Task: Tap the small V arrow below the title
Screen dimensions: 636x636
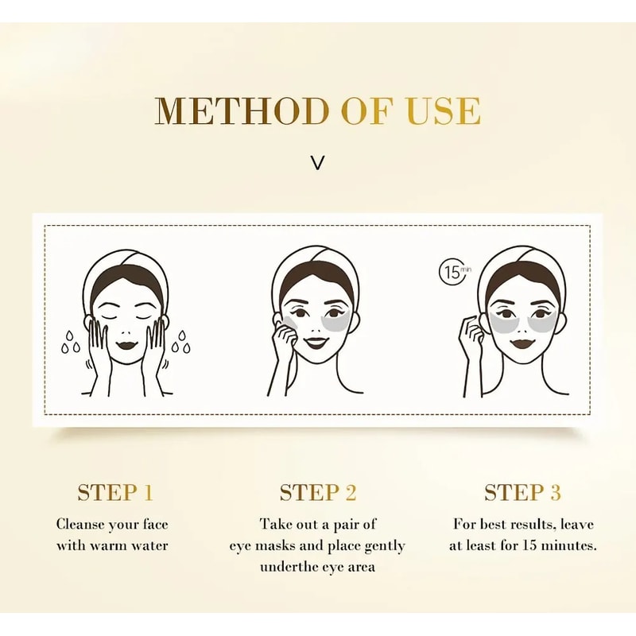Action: click(318, 163)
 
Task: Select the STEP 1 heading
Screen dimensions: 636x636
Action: click(114, 493)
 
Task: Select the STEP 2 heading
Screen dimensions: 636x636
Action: click(318, 493)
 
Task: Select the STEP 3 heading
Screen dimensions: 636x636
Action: click(522, 493)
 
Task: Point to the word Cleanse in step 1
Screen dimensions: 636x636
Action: click(83, 525)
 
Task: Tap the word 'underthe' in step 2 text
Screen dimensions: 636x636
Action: click(285, 567)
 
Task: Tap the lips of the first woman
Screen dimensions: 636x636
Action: click(127, 346)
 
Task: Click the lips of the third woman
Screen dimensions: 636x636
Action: click(522, 343)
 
